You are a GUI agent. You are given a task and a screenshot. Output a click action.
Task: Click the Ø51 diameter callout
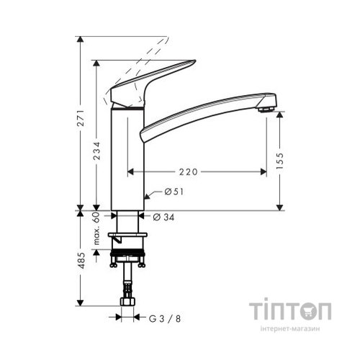point(174,192)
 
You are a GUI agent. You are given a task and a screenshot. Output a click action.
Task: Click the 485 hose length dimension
point(81,258)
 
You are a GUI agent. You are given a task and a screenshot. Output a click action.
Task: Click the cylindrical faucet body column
point(127,158)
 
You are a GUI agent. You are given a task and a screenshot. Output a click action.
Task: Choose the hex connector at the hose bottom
point(127,302)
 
